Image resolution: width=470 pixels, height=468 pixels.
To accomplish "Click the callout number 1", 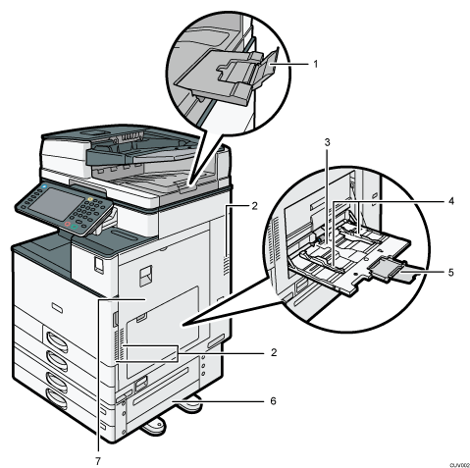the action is click(x=315, y=64).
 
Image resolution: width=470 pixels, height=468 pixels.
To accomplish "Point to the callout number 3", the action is click(x=327, y=142).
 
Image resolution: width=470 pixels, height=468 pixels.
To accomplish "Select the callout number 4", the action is click(x=451, y=201).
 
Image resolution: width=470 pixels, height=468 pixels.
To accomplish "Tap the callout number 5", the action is click(x=451, y=272).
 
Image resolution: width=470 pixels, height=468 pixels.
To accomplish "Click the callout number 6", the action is click(x=273, y=400).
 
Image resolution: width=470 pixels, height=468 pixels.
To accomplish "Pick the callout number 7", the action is click(x=98, y=461).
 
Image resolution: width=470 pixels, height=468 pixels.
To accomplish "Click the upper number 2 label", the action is click(x=254, y=206).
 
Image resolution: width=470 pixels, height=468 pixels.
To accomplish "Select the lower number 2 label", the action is click(x=274, y=352).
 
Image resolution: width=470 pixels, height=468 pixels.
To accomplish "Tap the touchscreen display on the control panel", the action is click(x=55, y=204).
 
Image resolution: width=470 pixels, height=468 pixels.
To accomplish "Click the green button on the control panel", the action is click(x=75, y=226).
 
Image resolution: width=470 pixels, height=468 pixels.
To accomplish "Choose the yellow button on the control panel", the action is click(x=90, y=199).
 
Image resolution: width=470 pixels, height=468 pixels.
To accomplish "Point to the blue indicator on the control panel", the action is click(x=44, y=186).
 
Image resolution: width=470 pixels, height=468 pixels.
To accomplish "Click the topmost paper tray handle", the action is click(x=57, y=340).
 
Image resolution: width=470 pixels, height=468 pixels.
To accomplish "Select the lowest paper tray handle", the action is click(x=56, y=398).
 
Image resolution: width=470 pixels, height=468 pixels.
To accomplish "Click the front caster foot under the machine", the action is click(x=153, y=426).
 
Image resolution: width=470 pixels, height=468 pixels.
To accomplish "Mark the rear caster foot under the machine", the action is click(x=189, y=405).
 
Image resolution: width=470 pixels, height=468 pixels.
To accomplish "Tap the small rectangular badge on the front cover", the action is click(x=57, y=307).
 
